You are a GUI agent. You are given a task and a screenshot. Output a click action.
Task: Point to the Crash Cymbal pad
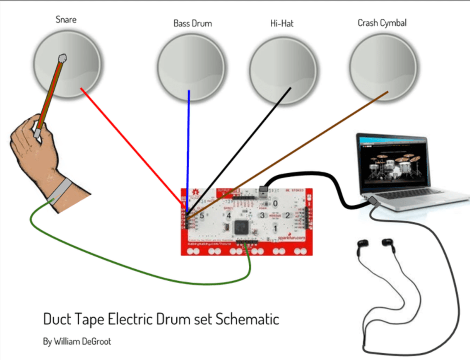click(383, 67)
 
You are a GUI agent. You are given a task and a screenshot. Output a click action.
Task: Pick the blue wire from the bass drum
click(188, 147)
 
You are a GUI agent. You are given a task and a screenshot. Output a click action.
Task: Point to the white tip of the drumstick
click(62, 58)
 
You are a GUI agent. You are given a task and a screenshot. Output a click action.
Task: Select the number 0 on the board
click(275, 203)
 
